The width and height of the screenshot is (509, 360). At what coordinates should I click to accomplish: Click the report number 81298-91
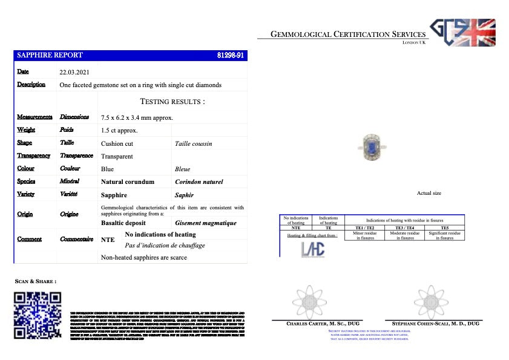pos(230,55)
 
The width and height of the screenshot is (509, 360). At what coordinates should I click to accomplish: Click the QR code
pos(38,316)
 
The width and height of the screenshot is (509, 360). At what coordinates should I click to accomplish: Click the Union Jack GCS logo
pos(462,32)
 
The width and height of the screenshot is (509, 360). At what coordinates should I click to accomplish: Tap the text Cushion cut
pos(117,143)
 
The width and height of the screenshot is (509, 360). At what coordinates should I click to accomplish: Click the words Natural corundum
pos(127,182)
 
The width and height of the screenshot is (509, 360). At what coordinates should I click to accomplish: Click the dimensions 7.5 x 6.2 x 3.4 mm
pos(137,117)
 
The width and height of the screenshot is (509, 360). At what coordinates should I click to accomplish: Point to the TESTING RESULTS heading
pos(172,101)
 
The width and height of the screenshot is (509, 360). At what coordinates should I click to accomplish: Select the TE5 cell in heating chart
pos(444,227)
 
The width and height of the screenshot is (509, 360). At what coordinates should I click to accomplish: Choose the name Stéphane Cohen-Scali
pos(433,324)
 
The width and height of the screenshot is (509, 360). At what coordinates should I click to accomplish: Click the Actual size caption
pos(429,193)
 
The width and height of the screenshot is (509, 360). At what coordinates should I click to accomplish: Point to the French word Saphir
pos(184,195)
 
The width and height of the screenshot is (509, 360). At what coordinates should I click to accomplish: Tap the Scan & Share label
pos(36,281)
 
